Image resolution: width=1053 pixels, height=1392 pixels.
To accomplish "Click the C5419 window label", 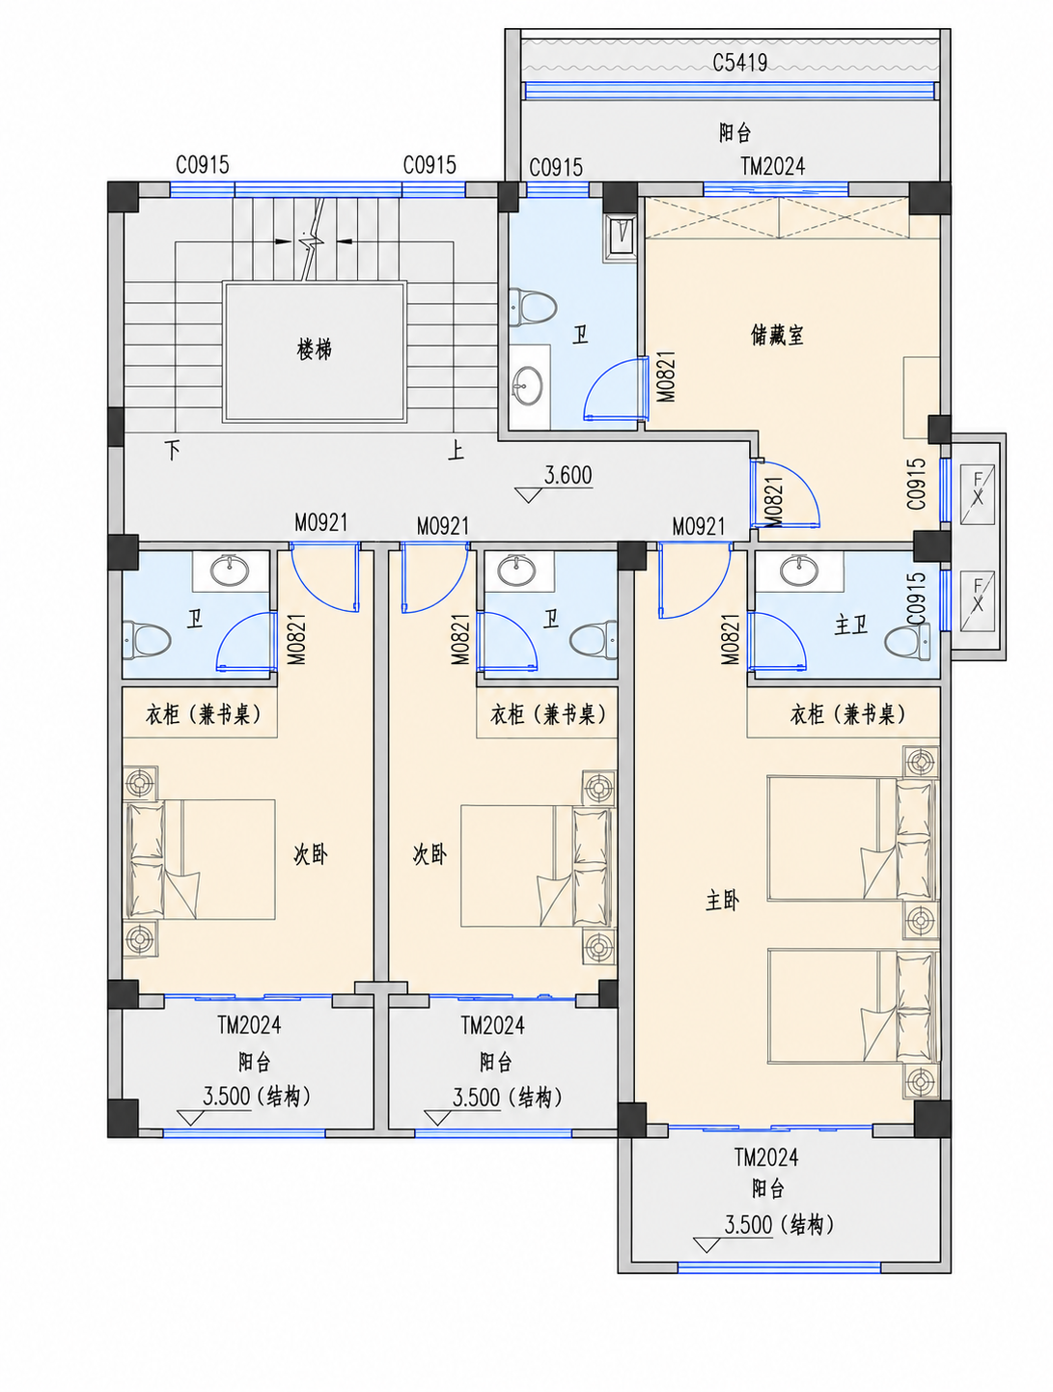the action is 740,62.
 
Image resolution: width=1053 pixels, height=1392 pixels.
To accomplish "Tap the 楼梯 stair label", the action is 314,348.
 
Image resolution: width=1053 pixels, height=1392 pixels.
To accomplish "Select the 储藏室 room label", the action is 777,334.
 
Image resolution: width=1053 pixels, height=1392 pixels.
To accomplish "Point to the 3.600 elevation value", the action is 568,475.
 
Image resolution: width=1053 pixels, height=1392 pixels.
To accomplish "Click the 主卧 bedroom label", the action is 722,901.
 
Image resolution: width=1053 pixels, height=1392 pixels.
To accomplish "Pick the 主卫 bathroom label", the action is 850,626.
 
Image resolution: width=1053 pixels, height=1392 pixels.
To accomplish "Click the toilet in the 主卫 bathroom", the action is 906,641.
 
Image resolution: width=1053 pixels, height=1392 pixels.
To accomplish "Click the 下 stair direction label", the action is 173,451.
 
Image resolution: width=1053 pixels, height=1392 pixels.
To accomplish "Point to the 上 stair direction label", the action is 456,450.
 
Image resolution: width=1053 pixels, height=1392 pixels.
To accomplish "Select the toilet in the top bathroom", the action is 533,306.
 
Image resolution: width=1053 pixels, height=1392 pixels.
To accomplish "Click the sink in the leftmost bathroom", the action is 230,571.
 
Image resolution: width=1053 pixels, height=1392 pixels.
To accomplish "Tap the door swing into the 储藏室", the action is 785,494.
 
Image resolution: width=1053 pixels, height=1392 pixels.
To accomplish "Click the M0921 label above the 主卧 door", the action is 698,526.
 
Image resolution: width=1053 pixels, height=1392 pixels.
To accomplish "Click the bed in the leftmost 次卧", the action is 201,859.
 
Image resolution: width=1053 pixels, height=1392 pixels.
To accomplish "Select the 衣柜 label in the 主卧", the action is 806,714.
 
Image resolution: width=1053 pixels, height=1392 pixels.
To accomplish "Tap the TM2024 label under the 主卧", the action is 765,1157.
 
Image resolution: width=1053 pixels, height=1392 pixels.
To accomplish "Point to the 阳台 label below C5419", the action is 734,132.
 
